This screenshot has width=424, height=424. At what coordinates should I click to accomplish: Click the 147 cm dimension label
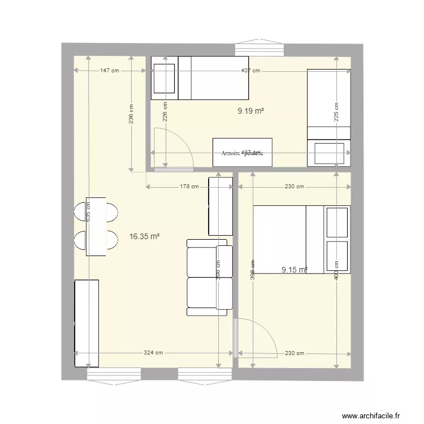click(x=110, y=71)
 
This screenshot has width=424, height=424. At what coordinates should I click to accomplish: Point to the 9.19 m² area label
click(x=251, y=111)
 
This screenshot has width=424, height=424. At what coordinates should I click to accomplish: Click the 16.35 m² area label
click(x=144, y=237)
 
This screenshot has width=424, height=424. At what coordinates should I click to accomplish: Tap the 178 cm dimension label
click(x=189, y=187)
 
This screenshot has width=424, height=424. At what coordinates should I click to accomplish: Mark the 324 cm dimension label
click(x=153, y=353)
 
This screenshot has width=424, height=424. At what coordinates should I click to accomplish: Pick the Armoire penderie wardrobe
click(x=242, y=152)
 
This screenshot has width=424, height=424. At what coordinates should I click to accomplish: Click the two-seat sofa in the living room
click(x=209, y=277)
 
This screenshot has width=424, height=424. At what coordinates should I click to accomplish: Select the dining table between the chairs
click(x=96, y=226)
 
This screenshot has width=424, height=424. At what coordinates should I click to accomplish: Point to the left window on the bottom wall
click(x=114, y=374)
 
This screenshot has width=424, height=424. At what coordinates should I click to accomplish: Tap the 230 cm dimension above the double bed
click(x=294, y=187)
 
